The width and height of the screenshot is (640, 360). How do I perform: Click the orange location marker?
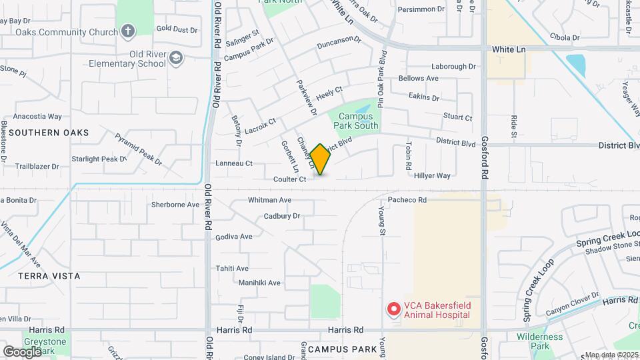(321, 159)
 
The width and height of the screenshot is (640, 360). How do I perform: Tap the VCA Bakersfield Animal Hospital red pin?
(394, 309)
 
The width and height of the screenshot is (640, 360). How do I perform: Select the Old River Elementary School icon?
(175, 58)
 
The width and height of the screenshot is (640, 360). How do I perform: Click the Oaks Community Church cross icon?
(127, 31)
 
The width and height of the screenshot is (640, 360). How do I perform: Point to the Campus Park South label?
(354, 121)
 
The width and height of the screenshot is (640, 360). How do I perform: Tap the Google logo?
(22, 351)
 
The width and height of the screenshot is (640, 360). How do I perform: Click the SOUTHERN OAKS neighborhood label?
(49, 133)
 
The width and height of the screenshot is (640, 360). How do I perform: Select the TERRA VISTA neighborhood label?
(49, 275)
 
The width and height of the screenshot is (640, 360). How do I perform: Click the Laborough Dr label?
(453, 67)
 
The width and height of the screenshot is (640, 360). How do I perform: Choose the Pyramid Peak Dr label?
(139, 149)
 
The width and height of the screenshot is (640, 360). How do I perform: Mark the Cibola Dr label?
(564, 37)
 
